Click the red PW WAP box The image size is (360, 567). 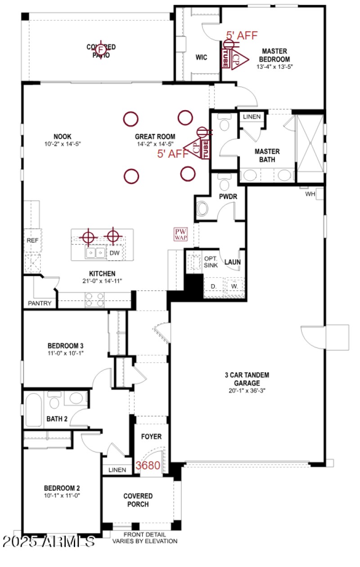181,234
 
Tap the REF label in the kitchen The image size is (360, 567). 32,241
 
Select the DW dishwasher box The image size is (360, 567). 115,253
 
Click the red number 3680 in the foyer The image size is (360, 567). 148,465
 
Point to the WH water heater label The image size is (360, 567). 310,194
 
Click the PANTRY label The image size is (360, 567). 40,304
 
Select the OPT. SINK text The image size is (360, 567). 211,262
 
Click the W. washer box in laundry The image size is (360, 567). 234,286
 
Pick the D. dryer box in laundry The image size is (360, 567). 214,286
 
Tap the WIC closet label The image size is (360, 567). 201,58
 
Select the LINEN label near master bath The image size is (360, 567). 252,117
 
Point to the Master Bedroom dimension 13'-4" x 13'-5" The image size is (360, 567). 274,67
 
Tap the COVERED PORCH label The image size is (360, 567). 138,500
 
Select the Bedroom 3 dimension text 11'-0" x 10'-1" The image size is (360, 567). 66,353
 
